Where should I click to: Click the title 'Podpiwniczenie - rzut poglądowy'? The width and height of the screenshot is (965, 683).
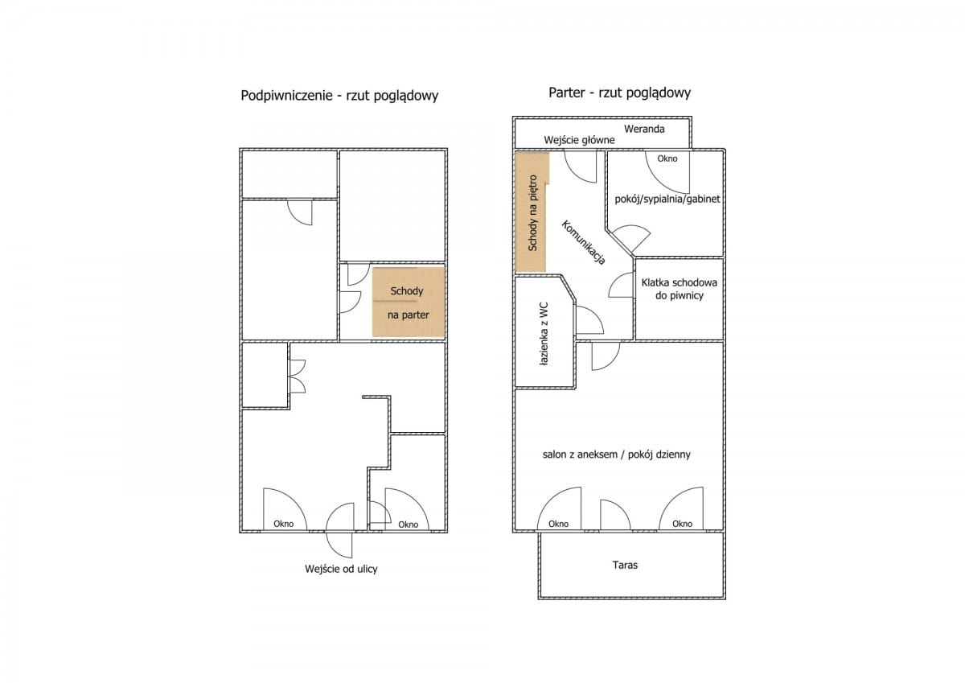tap(339, 96)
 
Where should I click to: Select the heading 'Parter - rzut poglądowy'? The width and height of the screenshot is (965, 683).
tap(619, 93)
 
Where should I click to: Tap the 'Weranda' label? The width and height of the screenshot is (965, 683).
tap(644, 129)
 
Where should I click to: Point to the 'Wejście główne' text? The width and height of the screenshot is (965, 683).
tap(579, 140)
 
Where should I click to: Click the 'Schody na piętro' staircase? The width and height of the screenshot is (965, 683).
tap(531, 212)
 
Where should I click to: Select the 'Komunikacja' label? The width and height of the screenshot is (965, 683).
tap(584, 242)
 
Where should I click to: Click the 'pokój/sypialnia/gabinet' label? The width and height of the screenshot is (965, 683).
tap(667, 199)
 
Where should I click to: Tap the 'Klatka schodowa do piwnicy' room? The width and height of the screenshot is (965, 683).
tap(680, 298)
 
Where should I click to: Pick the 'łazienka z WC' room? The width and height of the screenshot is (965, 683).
tap(544, 331)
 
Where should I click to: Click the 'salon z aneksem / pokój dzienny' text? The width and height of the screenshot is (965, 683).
tap(617, 455)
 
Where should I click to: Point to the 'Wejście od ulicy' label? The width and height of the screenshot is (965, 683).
tap(341, 569)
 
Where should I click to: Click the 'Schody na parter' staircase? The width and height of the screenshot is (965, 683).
tap(409, 302)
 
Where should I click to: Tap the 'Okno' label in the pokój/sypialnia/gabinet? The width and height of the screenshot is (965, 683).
tap(667, 158)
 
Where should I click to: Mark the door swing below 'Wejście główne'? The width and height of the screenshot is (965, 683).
tap(581, 167)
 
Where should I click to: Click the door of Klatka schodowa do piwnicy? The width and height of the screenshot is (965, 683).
tap(622, 285)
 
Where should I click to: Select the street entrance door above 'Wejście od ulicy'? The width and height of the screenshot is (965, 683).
tap(340, 530)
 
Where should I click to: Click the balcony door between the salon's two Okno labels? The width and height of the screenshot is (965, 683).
tap(615, 515)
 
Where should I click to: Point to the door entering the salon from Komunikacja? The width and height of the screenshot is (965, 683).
tap(606, 356)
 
